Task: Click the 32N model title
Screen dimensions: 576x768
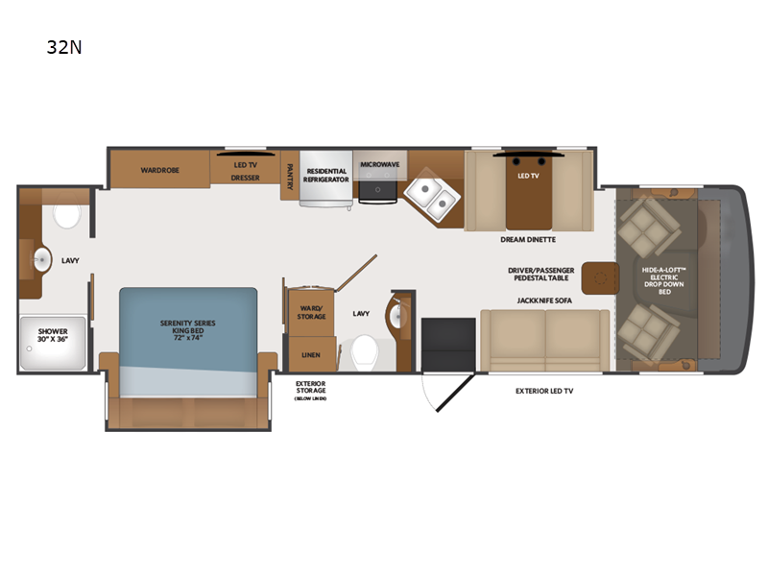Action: coord(63,46)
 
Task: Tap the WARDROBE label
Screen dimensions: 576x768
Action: coord(157,170)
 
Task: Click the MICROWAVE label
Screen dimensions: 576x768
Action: coord(379,164)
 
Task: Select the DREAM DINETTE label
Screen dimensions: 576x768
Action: coord(528,239)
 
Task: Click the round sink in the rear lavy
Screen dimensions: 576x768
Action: coord(42,257)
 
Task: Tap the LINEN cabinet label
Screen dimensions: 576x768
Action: coord(311,354)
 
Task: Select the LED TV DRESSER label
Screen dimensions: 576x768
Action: coord(246,170)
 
